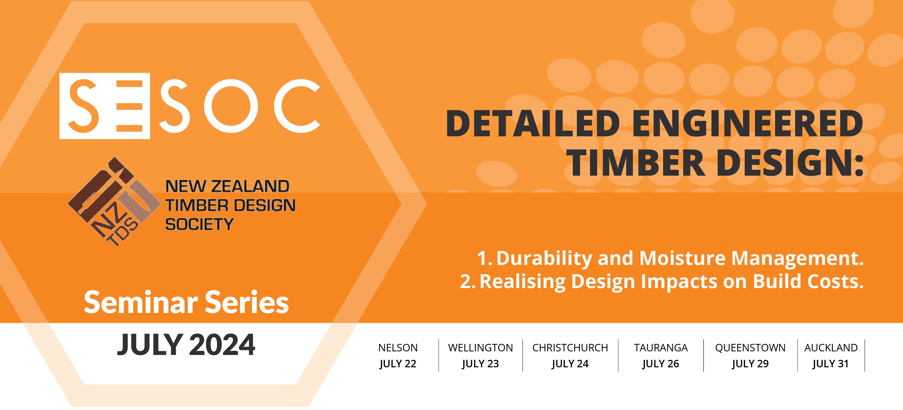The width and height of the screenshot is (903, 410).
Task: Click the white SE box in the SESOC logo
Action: pyautogui.click(x=105, y=106)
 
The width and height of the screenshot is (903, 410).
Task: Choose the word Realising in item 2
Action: pyautogui.click(x=522, y=282)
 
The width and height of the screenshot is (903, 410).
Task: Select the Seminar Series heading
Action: pyautogui.click(x=186, y=302)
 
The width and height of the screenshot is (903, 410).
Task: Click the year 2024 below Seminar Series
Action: pyautogui.click(x=222, y=345)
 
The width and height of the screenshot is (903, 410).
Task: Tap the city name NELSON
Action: pyautogui.click(x=398, y=348)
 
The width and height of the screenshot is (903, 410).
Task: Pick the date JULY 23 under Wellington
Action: pyautogui.click(x=480, y=364)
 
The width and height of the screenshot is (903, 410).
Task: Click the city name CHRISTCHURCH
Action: pyautogui.click(x=570, y=348)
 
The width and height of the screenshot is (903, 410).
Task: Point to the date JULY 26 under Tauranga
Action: pyautogui.click(x=661, y=364)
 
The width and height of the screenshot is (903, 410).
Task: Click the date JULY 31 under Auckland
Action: pyautogui.click(x=830, y=364)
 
